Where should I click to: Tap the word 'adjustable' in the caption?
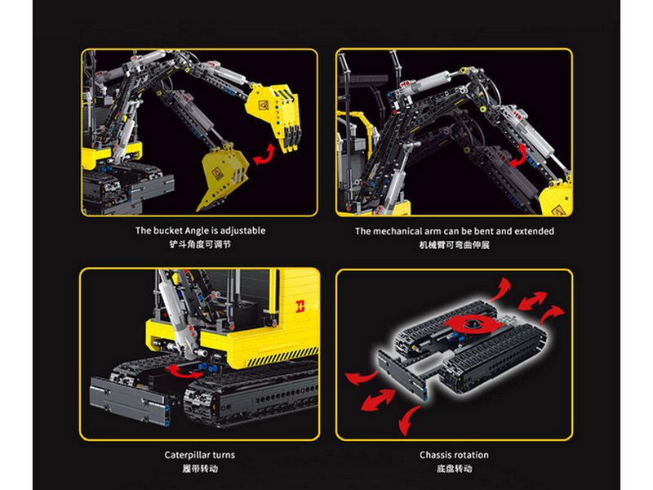tap(242, 231)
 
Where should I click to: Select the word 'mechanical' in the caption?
tap(398, 231)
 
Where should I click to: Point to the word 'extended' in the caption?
tap(535, 231)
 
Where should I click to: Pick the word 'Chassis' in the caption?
tap(435, 455)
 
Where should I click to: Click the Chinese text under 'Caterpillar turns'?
tap(200, 468)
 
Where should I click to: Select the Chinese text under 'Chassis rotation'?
tap(455, 468)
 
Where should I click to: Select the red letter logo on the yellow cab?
tap(300, 306)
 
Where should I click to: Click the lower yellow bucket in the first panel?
tap(223, 176)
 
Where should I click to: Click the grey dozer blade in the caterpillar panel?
tap(129, 400)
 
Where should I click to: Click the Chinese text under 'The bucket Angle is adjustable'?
tap(200, 244)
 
